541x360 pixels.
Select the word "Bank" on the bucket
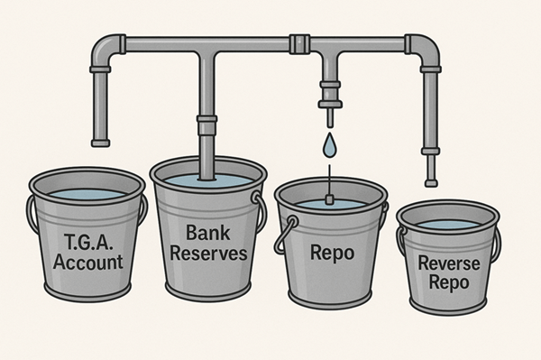(x=209, y=234)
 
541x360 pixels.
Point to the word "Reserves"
(x=209, y=254)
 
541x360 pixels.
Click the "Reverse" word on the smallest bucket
(x=448, y=263)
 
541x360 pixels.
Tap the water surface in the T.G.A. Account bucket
(x=87, y=193)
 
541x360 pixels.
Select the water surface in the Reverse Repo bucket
(x=448, y=224)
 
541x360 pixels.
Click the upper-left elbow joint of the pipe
(x=108, y=47)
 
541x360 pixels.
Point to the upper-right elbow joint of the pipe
(x=423, y=47)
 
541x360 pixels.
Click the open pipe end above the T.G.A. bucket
(x=101, y=141)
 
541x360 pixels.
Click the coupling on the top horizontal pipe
(x=300, y=42)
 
